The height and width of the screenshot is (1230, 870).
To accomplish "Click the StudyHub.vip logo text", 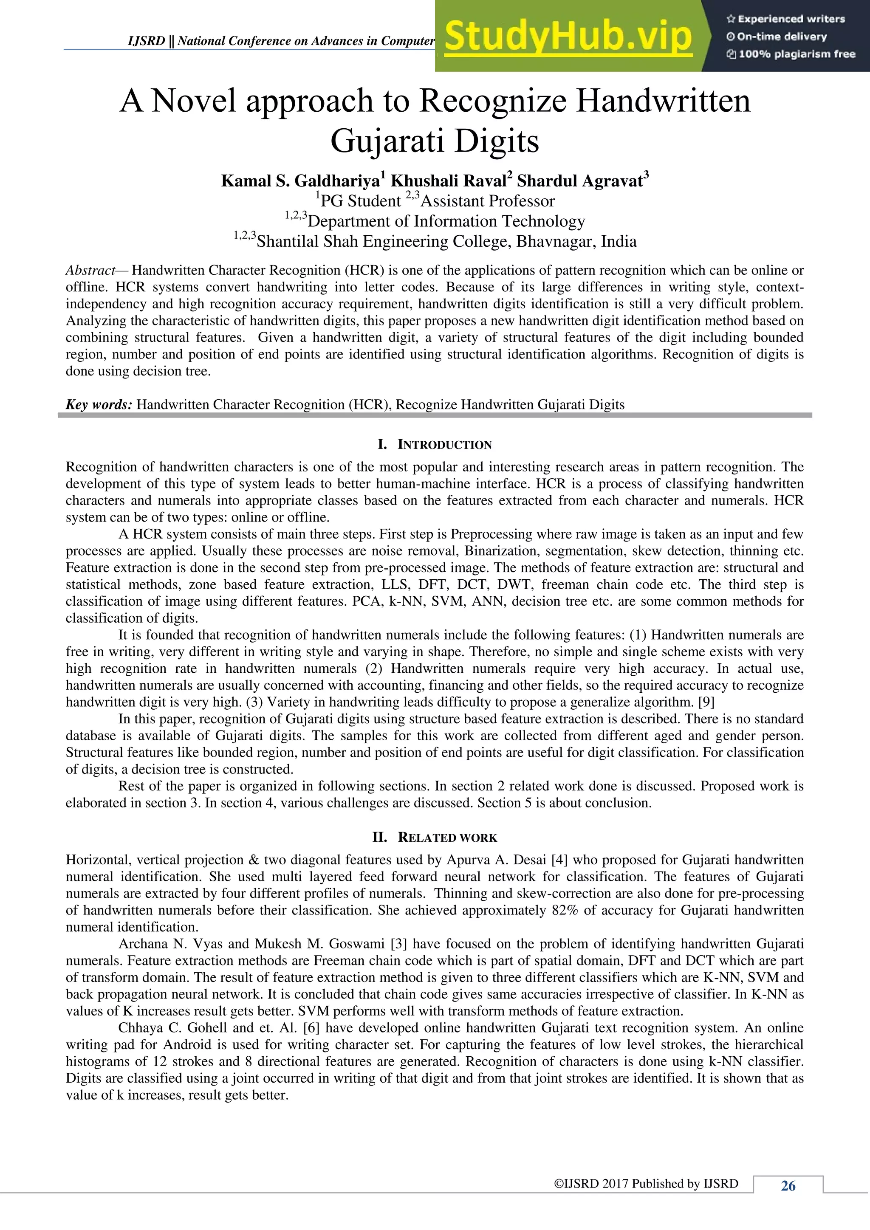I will point(568,37).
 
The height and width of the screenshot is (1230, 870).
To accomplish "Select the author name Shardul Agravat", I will point(579,181).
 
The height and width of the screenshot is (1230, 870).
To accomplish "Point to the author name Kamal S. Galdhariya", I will point(300,181).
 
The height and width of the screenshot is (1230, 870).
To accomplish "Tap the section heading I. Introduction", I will point(435,445).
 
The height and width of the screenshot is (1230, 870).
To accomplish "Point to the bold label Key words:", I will point(99,404).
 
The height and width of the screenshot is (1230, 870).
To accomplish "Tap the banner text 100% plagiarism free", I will point(797,54).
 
